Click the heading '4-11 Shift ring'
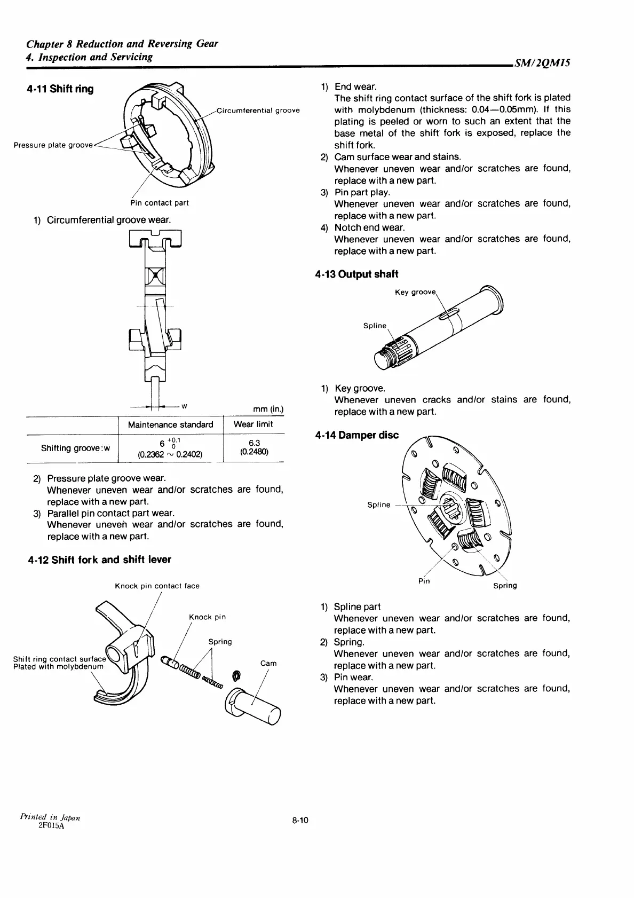click(60, 89)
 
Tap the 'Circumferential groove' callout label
click(258, 111)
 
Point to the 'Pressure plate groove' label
click(53, 145)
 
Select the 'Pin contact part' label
click(160, 203)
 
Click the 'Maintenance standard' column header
click(170, 424)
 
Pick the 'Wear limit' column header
click(253, 424)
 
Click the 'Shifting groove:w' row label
click(75, 448)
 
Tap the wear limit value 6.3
click(254, 443)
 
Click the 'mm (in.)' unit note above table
click(268, 409)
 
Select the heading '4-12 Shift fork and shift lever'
click(99, 560)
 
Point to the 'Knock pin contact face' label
click(157, 586)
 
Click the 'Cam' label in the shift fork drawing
click(268, 663)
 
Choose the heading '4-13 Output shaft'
click(356, 274)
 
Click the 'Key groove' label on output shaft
click(415, 293)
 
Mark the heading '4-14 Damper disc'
click(357, 435)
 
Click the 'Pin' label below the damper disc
click(424, 581)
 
